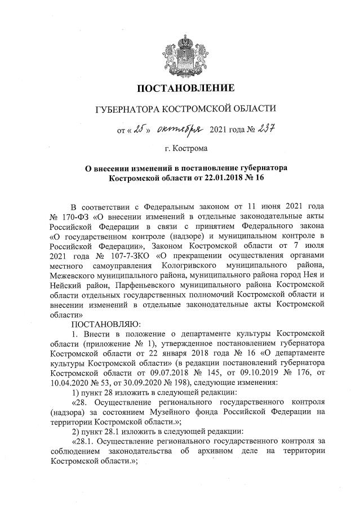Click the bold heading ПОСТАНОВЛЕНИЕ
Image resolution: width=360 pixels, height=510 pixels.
point(185,88)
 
